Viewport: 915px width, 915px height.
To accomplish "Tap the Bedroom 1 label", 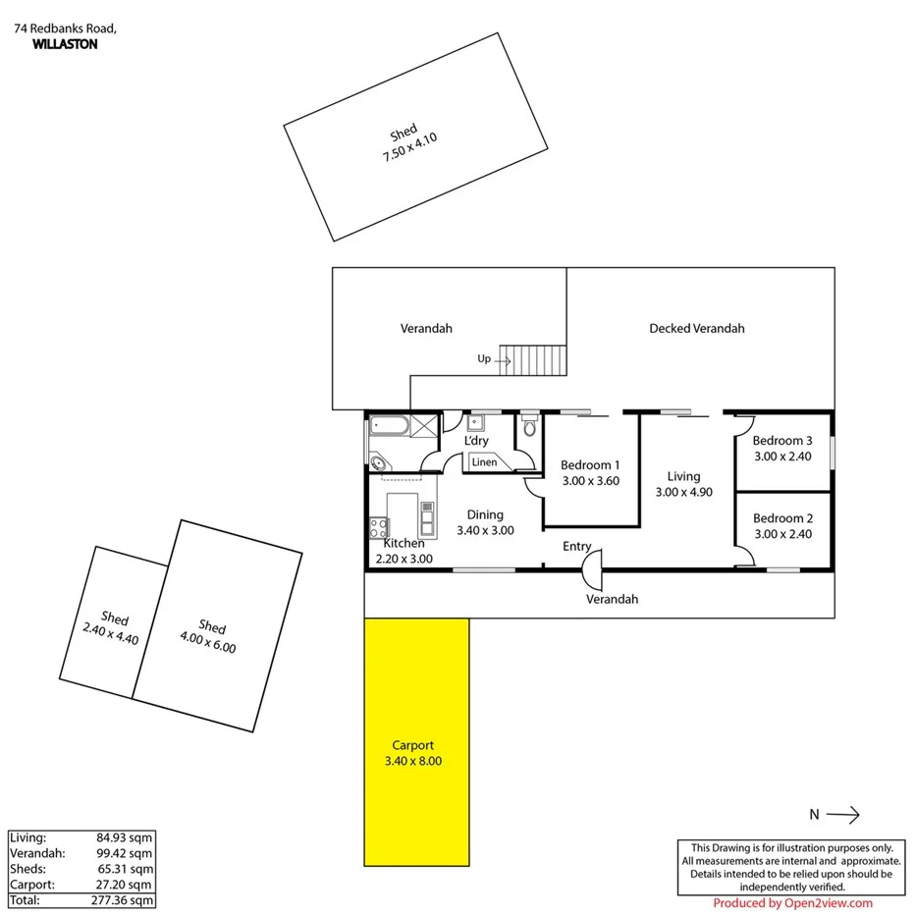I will [x=589, y=465].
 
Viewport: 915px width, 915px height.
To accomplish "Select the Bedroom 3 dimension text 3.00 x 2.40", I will [x=782, y=456].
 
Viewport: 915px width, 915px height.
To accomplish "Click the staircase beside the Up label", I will [x=534, y=359].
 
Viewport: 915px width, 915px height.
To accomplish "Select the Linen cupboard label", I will [x=484, y=461].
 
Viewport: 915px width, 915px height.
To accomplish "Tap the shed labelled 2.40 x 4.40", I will [x=114, y=626].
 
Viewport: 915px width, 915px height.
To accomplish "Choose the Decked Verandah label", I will [x=696, y=328].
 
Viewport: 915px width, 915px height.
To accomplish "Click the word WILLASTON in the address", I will [x=65, y=44].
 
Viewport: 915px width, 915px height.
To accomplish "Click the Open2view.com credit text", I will [x=792, y=903].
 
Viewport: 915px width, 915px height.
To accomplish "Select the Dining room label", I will [x=485, y=514].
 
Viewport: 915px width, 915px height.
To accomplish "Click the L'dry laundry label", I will [x=476, y=441].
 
